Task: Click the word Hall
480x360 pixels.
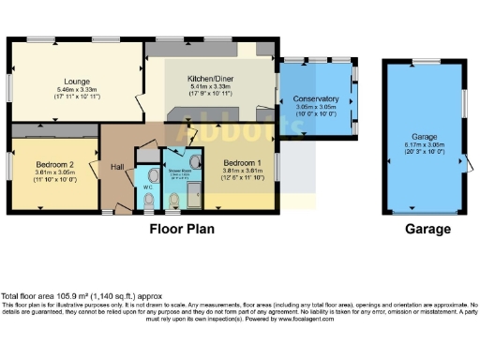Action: pyautogui.click(x=117, y=167)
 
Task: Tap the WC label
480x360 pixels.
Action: pyautogui.click(x=147, y=187)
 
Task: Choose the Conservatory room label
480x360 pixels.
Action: pyautogui.click(x=315, y=98)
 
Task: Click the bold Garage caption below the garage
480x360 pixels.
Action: pyautogui.click(x=427, y=229)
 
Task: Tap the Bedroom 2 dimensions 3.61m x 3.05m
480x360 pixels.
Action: pyautogui.click(x=53, y=172)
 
